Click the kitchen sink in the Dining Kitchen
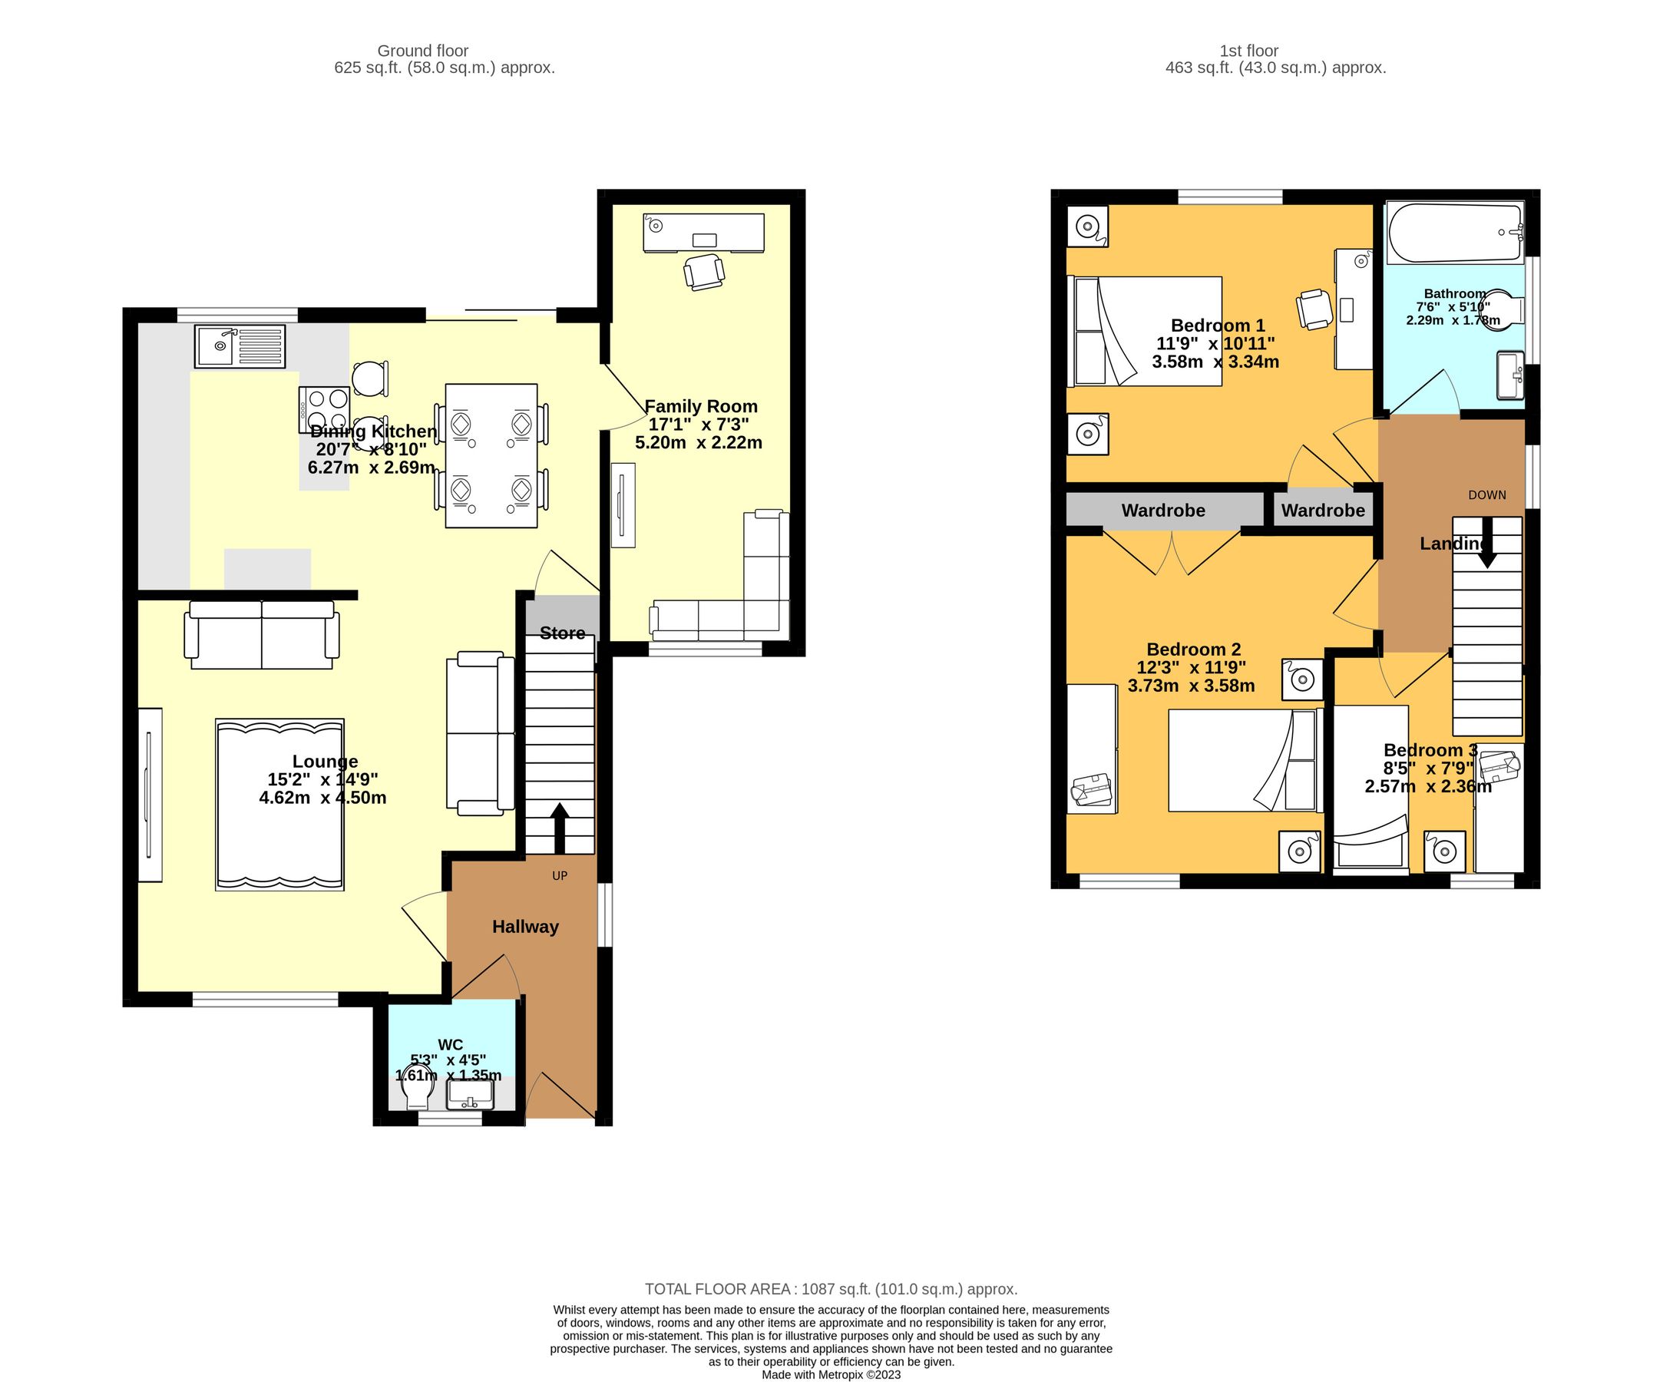(x=239, y=346)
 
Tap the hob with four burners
(x=323, y=409)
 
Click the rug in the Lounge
(x=279, y=805)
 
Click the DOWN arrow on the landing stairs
(x=1487, y=544)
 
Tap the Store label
(x=562, y=633)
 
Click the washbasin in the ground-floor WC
(x=471, y=1096)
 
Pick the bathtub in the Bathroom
(x=1455, y=233)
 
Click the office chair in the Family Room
(x=703, y=272)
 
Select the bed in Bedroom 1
(x=1144, y=331)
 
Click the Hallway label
(x=525, y=927)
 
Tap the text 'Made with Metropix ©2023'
(x=831, y=1374)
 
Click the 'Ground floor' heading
(x=423, y=51)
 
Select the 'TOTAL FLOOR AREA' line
(x=831, y=1288)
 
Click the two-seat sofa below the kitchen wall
(x=261, y=634)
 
